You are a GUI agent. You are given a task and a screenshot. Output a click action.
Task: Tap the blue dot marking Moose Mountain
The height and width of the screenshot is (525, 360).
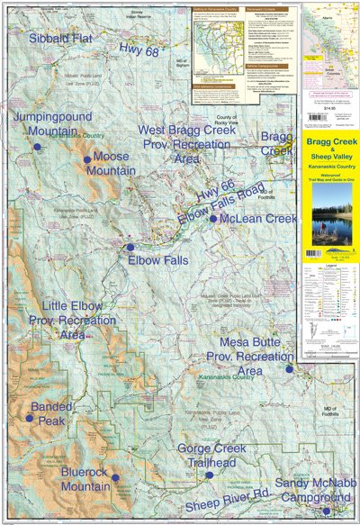(x=87, y=159)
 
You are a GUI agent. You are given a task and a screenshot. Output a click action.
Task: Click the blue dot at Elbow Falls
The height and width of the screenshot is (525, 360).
(x=130, y=247)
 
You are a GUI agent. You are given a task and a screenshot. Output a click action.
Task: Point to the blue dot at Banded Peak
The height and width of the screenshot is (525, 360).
(x=29, y=418)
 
